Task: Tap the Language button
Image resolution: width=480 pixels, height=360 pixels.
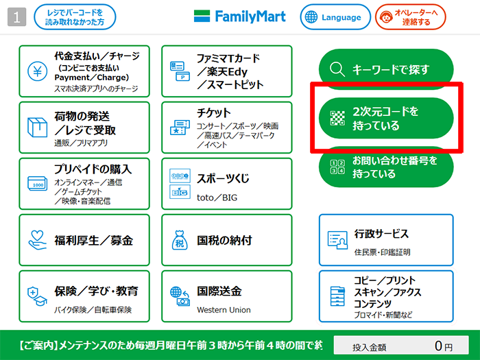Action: pos(335,17)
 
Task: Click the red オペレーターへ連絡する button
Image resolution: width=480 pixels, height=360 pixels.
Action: pos(411,17)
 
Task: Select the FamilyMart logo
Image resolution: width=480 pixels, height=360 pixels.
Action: pos(240,16)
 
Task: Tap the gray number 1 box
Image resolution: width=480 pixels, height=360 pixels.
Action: pos(16,17)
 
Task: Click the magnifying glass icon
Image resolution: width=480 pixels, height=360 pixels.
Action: pos(337,69)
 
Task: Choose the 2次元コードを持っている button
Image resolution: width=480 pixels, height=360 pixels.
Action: pos(386,118)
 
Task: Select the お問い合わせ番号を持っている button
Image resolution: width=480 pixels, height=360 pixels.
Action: pos(386,167)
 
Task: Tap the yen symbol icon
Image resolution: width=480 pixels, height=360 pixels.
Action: pos(37,71)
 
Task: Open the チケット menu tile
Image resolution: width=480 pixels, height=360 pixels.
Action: pos(227,128)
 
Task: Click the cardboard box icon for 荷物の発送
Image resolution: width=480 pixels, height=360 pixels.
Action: pos(37,127)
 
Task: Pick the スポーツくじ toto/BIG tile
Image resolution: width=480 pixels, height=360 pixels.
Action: pos(227,184)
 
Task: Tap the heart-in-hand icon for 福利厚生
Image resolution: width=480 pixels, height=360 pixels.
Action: pos(37,240)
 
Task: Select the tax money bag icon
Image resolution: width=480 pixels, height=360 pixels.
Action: pos(180,240)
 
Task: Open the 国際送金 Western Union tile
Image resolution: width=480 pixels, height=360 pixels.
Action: pos(227,296)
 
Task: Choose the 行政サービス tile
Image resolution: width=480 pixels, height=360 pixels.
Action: pos(386,240)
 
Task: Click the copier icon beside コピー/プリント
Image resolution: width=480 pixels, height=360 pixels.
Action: pos(337,296)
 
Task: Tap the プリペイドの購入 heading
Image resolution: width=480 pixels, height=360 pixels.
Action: pos(93,169)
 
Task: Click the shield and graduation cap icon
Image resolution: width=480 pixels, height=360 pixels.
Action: pos(37,296)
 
